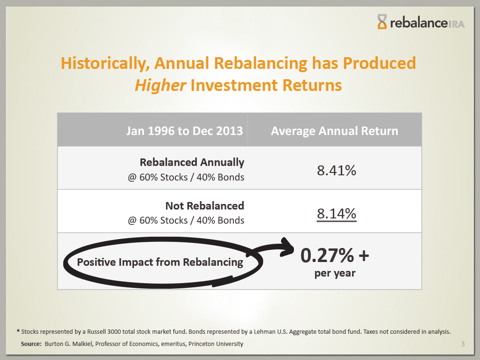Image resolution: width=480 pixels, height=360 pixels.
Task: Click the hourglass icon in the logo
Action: click(x=383, y=22)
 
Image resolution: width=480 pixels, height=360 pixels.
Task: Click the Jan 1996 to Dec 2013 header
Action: click(x=184, y=130)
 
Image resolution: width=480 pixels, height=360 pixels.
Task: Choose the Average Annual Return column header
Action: click(x=334, y=130)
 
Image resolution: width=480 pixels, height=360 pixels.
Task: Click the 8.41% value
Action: click(x=336, y=170)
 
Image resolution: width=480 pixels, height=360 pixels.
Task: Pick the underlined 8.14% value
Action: click(x=336, y=214)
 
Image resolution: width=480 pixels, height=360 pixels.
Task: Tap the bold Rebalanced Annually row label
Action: click(x=192, y=162)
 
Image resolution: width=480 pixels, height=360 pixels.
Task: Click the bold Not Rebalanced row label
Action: click(x=204, y=206)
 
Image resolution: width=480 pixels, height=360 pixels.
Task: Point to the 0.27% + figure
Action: click(x=334, y=256)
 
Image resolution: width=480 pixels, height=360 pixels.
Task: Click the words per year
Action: click(x=334, y=273)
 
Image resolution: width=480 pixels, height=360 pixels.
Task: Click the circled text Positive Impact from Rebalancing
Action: click(x=160, y=262)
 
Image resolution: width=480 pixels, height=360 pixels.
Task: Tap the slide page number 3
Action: click(x=463, y=345)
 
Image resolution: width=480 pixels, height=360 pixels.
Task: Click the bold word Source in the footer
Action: click(x=31, y=344)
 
